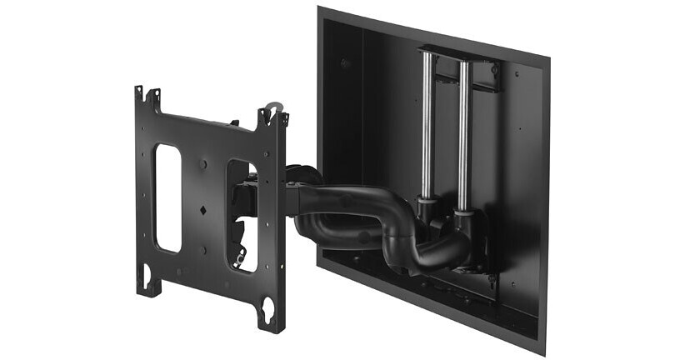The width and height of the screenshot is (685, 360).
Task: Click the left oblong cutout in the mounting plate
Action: (167, 197)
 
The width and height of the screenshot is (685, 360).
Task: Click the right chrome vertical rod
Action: (465, 133)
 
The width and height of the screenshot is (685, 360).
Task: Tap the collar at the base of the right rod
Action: (463, 214)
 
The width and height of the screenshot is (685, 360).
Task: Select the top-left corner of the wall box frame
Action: (320, 10)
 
